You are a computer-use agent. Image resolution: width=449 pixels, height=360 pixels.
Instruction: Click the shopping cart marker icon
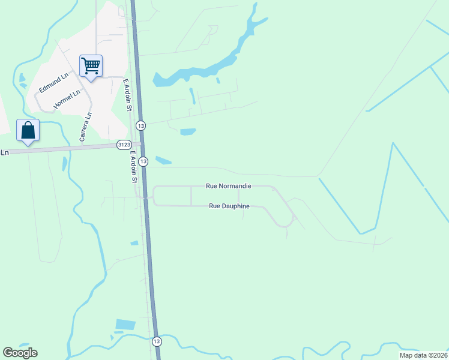coord(91,65)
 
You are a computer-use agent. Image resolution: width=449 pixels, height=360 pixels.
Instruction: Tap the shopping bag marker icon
coord(28,130)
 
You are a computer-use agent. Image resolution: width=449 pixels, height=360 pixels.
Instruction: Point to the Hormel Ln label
coord(67,99)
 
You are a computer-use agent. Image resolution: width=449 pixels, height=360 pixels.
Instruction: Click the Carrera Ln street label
coord(85,127)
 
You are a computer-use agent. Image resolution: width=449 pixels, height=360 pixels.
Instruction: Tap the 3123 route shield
coord(124,145)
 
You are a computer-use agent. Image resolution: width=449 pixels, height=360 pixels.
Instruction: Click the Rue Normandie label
coord(228,186)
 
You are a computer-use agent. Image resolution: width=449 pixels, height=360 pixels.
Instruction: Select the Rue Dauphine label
coord(229,206)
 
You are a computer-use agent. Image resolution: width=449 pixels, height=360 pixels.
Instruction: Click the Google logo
coord(20,353)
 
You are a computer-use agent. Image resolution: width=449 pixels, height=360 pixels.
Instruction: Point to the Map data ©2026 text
coord(421,355)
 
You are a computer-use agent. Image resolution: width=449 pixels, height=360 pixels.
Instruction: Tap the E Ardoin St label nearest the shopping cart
coord(127,95)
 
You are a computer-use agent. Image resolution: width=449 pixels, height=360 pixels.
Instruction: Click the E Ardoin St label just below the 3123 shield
coord(134,167)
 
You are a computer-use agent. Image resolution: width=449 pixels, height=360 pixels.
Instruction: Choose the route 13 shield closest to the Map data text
coord(157,341)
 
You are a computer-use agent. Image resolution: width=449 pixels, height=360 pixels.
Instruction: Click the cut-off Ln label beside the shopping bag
coord(5,152)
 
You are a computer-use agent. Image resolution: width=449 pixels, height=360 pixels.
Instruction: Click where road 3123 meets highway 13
coord(141,144)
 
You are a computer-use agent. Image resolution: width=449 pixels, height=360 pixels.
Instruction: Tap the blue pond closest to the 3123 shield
coord(163,160)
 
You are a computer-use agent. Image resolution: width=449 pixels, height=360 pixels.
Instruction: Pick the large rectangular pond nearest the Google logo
coord(126,325)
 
